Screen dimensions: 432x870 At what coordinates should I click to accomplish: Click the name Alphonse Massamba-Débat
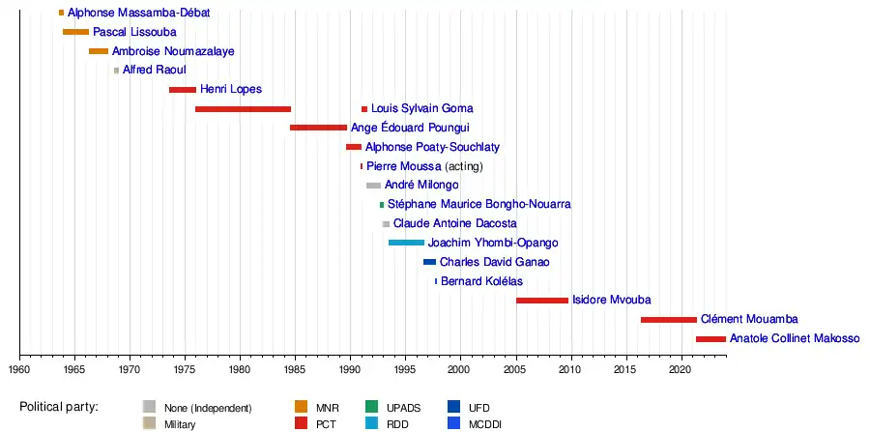[138, 14]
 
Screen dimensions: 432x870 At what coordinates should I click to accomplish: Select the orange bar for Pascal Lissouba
[75, 32]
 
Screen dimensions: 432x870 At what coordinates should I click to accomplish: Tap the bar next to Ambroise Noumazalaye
[99, 51]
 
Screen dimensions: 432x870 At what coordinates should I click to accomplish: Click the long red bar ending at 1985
[243, 109]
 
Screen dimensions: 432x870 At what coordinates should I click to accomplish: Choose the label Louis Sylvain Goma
[422, 109]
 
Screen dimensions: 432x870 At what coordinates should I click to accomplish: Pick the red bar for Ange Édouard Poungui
[318, 128]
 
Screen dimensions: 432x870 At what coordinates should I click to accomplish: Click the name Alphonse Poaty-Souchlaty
[432, 147]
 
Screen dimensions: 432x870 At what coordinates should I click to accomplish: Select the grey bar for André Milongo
[373, 185]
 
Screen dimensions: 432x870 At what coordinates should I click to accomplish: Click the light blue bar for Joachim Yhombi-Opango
[406, 243]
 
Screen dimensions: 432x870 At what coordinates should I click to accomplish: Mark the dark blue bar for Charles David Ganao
[429, 262]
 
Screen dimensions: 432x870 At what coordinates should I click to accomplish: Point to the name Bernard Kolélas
[481, 281]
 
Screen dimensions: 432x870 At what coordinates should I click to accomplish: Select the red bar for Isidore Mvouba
[542, 301]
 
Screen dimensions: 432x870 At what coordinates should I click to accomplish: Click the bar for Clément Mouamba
[668, 319]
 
